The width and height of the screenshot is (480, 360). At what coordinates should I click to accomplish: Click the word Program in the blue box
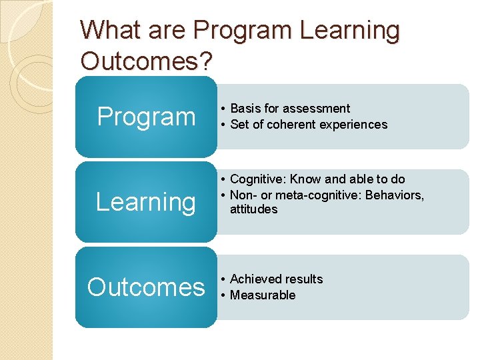146,117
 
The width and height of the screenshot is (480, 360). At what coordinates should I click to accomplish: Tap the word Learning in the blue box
146,201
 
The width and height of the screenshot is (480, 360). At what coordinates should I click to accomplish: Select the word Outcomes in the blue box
146,287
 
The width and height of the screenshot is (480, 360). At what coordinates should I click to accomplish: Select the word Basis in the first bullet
245,109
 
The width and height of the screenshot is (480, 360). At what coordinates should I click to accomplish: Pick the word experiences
355,125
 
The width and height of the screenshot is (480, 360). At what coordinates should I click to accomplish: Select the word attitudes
253,209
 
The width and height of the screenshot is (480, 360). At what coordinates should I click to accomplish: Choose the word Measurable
263,295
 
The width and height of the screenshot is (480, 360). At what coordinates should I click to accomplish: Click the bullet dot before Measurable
224,295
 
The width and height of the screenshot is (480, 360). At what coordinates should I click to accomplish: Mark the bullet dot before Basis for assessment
224,109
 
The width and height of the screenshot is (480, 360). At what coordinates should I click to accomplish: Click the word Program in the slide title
241,31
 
